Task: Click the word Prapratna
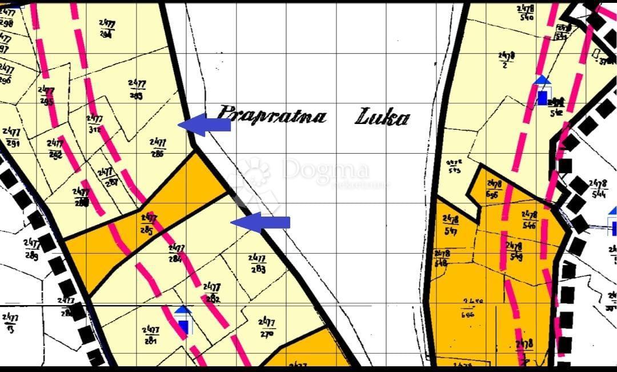click(273, 115)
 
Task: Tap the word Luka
click(382, 118)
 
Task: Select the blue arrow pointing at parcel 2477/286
click(205, 125)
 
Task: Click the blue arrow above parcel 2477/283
click(261, 222)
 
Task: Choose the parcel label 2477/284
click(176, 253)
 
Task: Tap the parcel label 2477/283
click(257, 263)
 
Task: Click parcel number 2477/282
click(211, 292)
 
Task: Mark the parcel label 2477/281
click(151, 335)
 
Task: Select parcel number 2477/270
click(266, 327)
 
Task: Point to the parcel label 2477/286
click(158, 147)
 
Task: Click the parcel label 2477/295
click(46, 96)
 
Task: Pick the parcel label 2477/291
click(11, 137)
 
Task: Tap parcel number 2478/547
click(451, 225)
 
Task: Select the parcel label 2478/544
click(598, 189)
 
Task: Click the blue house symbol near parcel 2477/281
click(183, 320)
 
